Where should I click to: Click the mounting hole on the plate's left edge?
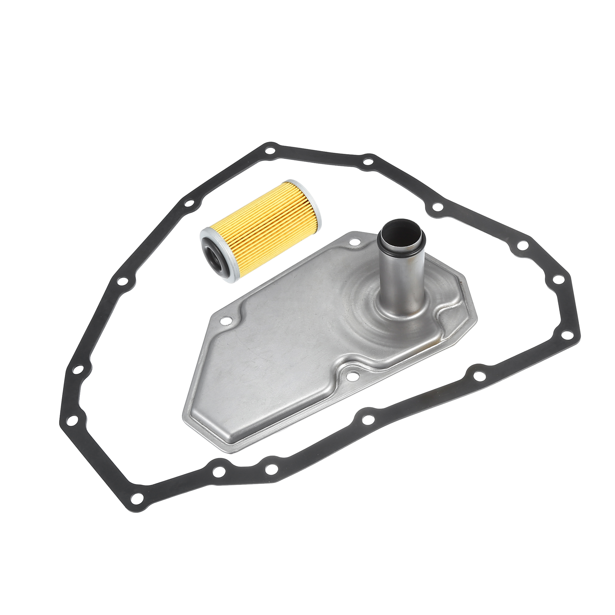pos(226,322)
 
